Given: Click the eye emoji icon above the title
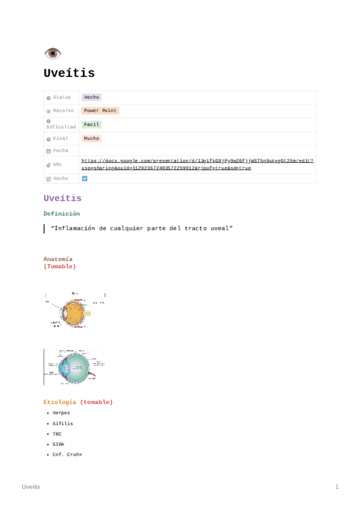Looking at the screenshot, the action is [x=52, y=54].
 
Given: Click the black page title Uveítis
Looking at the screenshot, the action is [x=69, y=73].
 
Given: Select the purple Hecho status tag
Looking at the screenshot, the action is [x=91, y=97].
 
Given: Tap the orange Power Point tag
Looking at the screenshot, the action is [x=100, y=111].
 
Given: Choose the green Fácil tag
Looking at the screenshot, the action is [x=91, y=124].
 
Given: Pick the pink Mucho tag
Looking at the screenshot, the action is [x=91, y=138].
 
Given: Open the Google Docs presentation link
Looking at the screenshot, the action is [x=197, y=164].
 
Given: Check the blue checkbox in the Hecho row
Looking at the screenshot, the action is [x=85, y=179].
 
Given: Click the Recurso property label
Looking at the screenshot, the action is [x=63, y=111].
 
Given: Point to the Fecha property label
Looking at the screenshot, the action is [x=61, y=150].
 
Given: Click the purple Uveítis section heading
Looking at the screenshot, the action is [x=63, y=198].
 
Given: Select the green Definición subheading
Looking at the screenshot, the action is [x=61, y=214].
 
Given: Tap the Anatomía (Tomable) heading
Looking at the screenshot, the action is [x=59, y=262].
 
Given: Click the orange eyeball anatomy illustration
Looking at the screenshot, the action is [x=75, y=310].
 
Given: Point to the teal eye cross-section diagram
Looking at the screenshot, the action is [x=75, y=367].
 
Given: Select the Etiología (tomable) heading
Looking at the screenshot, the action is [x=78, y=402].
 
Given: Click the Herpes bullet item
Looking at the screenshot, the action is [x=61, y=413].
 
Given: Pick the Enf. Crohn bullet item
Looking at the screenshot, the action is [x=67, y=455].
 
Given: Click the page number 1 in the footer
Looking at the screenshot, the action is [x=337, y=487].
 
